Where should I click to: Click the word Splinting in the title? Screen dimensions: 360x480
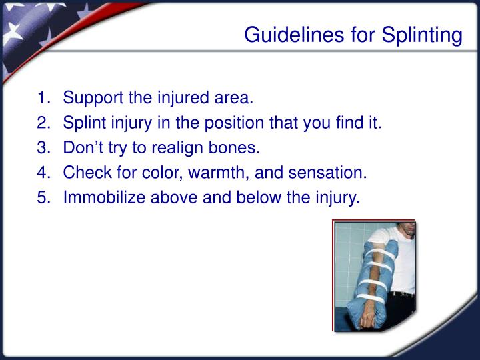[422, 35]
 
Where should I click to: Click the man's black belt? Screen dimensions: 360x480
[403, 293]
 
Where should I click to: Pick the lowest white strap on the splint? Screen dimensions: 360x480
[370, 297]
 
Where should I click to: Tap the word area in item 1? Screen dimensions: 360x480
[234, 99]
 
